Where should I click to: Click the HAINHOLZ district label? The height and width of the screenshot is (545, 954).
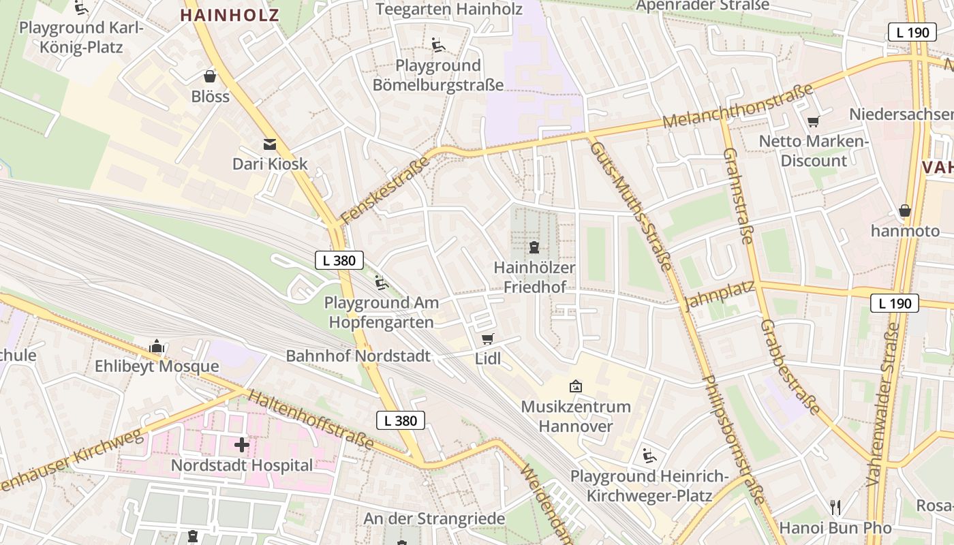pyautogui.click(x=230, y=15)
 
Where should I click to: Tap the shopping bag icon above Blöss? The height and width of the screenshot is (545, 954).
pyautogui.click(x=210, y=76)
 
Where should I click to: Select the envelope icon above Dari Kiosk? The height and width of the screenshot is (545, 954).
pyautogui.click(x=270, y=144)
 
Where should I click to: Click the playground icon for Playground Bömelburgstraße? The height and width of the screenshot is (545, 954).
pyautogui.click(x=438, y=45)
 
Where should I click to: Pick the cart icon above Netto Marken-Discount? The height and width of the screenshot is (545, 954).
pyautogui.click(x=813, y=121)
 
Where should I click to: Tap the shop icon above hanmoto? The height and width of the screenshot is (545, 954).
pyautogui.click(x=904, y=211)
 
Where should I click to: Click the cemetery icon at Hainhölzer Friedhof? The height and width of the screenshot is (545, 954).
pyautogui.click(x=534, y=247)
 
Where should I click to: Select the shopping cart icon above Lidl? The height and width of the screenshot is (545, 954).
pyautogui.click(x=487, y=339)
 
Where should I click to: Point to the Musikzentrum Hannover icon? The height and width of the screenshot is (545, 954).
pyautogui.click(x=576, y=386)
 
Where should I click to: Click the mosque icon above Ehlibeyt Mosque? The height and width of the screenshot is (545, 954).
pyautogui.click(x=157, y=346)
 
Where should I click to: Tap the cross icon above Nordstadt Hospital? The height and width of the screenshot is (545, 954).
pyautogui.click(x=241, y=445)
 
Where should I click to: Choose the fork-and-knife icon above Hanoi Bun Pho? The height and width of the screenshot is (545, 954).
pyautogui.click(x=835, y=507)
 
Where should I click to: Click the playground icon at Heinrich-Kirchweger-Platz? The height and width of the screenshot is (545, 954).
pyautogui.click(x=649, y=455)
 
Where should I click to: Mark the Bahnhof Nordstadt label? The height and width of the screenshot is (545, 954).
pyautogui.click(x=358, y=356)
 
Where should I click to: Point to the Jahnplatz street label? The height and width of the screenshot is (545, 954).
pyautogui.click(x=718, y=295)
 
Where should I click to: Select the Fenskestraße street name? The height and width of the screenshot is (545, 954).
pyautogui.click(x=385, y=190)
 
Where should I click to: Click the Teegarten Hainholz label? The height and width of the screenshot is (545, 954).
pyautogui.click(x=448, y=9)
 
